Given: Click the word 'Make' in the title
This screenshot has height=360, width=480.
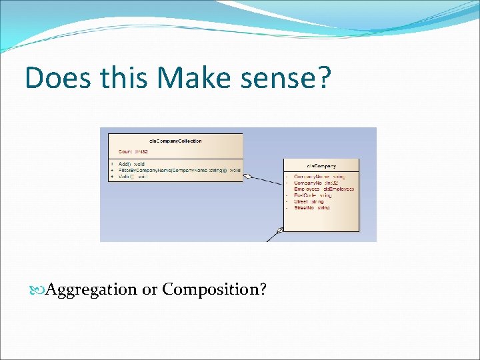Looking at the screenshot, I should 191,78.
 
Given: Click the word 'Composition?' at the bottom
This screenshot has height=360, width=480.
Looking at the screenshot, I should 215,289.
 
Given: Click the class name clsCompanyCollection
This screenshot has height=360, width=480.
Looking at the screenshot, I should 175,141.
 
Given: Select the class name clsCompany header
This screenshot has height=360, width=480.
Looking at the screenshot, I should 321,165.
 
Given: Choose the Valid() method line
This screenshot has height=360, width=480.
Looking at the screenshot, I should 133,177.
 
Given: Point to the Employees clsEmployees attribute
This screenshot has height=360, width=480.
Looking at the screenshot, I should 324,189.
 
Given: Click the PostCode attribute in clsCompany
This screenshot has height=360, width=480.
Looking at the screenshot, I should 313,195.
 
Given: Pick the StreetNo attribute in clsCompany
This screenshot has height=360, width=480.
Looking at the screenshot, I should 312,207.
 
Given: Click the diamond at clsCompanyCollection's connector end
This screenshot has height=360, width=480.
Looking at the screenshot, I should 247,177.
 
